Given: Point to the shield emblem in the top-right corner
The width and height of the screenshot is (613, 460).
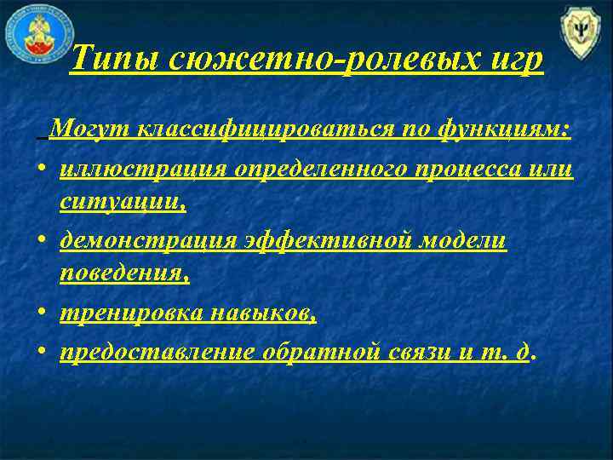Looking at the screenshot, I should pyautogui.click(x=581, y=33).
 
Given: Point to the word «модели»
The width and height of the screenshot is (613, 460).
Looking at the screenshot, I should pyautogui.click(x=467, y=241).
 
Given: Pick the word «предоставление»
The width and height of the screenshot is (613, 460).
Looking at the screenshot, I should pyautogui.click(x=157, y=351).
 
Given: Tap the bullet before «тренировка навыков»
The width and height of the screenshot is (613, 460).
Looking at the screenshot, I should pyautogui.click(x=41, y=314).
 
